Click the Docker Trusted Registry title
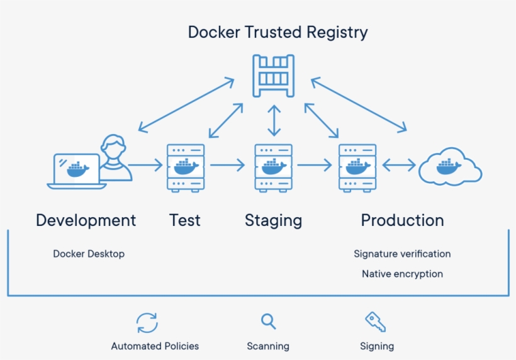coord(278,32)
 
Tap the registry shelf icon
coord(273,76)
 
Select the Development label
coord(86,220)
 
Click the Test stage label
coord(185,220)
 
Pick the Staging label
coord(273,220)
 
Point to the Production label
coord(402,220)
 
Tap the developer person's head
coord(113,146)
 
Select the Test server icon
coord(186,167)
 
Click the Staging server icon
coord(273,167)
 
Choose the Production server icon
coord(357,167)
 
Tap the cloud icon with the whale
coord(450,167)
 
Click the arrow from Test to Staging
coord(228,166)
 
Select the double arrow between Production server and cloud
coord(399,166)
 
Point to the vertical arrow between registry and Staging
coord(274,121)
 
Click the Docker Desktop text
coord(89,254)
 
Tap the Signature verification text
coord(402,254)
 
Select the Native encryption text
coord(402,274)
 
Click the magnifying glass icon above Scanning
coord(269,322)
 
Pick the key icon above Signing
coord(376,322)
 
